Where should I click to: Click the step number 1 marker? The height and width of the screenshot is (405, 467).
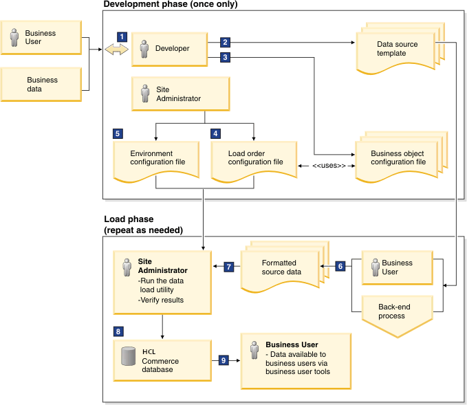122,36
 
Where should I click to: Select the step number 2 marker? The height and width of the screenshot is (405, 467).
225,42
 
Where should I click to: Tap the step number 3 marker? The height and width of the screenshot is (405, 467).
225,58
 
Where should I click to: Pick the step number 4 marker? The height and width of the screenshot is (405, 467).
216,133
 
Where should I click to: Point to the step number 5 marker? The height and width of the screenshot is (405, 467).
118,133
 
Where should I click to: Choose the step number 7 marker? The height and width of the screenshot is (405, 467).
230,266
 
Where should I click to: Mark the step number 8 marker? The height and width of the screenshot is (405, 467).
118,331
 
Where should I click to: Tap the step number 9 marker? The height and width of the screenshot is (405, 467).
223,359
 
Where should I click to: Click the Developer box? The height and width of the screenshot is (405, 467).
169,49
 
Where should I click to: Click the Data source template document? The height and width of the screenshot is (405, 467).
396,50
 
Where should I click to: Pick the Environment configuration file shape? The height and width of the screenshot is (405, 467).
156,159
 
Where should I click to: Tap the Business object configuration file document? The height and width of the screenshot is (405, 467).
397,159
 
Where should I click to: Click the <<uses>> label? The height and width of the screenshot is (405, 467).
328,166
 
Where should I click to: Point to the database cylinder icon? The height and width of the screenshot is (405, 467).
127,357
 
